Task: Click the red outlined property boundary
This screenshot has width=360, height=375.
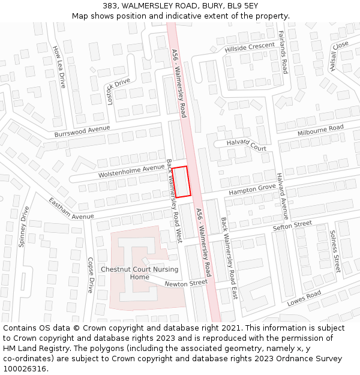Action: point(182,181)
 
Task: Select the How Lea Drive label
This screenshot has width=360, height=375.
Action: point(58,67)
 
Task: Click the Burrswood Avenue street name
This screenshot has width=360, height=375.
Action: point(82,131)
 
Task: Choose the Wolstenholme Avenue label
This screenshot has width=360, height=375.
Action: point(131,171)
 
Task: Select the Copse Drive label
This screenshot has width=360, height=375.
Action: point(91,275)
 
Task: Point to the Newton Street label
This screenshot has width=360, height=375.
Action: point(186,283)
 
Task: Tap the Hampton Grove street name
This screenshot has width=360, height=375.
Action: point(251,190)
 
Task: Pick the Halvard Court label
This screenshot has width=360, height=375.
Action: point(246,145)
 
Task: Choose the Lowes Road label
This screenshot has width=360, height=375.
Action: point(304,298)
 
